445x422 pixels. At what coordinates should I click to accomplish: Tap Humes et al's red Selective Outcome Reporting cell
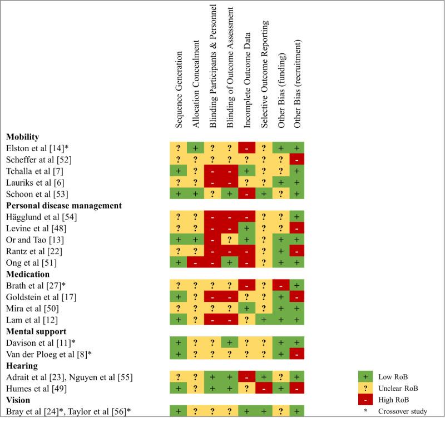point(264,389)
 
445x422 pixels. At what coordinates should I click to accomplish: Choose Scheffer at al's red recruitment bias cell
point(299,160)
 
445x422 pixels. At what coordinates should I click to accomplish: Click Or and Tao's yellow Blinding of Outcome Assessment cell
point(230,239)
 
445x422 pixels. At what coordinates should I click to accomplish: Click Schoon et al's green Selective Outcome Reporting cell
point(264,194)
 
